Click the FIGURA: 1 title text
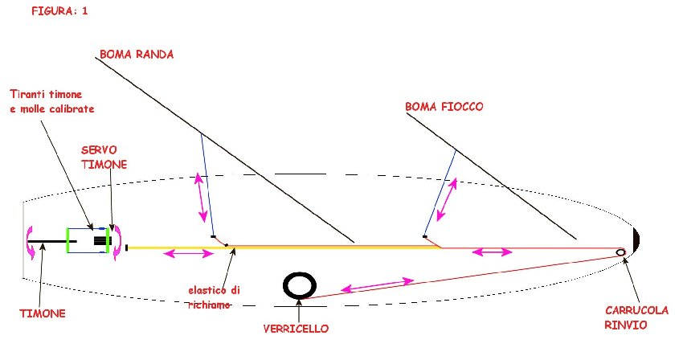[59, 11]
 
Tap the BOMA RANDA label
[137, 54]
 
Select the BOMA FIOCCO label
[444, 107]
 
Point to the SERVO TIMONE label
[104, 157]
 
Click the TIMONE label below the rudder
[43, 313]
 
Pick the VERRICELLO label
[296, 329]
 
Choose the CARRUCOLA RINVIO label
[636, 317]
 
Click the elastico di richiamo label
[214, 297]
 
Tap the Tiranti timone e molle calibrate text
[52, 101]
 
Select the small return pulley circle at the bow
[620, 252]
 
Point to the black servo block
[101, 240]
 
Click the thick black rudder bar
[52, 241]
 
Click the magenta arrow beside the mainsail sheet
[201, 198]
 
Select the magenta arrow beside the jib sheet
[447, 199]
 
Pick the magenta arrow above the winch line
[377, 284]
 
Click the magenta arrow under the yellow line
[188, 253]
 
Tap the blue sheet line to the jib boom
[440, 193]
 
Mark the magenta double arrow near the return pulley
[493, 252]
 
